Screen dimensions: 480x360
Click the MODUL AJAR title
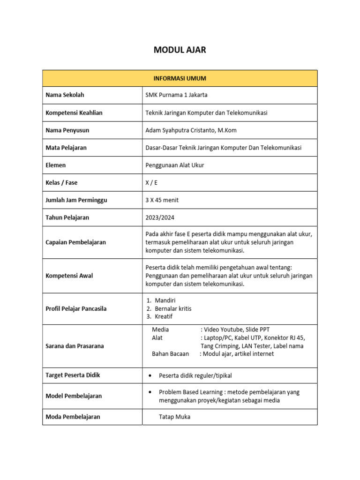180,50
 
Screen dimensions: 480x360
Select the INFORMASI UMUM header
180,78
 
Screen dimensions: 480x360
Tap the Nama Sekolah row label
65,95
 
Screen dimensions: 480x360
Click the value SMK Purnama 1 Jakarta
176,95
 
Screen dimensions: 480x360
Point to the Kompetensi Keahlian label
74,112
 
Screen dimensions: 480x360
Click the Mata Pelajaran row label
66,148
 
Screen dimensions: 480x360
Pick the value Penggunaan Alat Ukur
175,165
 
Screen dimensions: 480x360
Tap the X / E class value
151,182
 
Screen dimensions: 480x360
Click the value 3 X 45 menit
162,200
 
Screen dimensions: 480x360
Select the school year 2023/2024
159,217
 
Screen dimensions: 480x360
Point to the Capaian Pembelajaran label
75,242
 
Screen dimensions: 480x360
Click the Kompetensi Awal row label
69,276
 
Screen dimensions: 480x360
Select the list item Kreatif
164,316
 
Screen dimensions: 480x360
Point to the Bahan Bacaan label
170,354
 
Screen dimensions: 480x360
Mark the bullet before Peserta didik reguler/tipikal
149,376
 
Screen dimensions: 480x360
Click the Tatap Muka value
174,417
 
